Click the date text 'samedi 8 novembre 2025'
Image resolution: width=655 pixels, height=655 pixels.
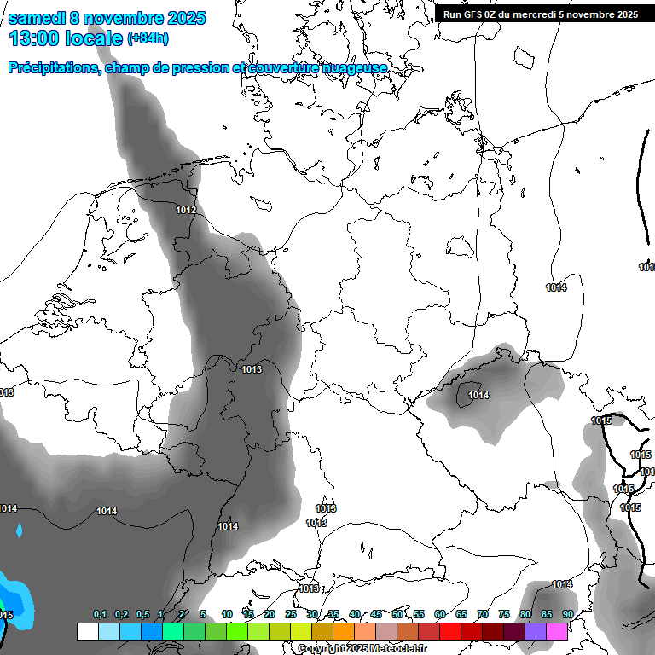(x=107, y=18)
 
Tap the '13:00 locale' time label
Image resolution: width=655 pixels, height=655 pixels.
(x=66, y=38)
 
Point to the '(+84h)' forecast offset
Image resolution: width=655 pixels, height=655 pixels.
(x=148, y=38)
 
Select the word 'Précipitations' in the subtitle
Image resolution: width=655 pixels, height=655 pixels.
(x=52, y=68)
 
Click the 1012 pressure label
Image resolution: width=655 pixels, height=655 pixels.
(x=186, y=211)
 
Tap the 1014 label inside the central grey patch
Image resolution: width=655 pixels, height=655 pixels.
(x=478, y=395)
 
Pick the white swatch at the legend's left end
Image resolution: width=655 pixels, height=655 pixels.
(x=87, y=632)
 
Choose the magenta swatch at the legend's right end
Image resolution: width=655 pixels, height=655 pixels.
(x=558, y=632)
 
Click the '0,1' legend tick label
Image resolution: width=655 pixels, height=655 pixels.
(x=100, y=615)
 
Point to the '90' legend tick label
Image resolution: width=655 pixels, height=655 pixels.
(x=567, y=615)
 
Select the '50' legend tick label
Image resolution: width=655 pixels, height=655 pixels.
(x=397, y=615)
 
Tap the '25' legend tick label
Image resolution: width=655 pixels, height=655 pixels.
(x=291, y=615)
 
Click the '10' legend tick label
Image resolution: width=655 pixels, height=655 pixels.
(x=227, y=615)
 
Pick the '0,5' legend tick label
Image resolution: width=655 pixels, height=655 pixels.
(x=142, y=615)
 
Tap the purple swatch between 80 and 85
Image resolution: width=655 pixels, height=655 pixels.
(x=536, y=632)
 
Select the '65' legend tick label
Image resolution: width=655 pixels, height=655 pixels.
(x=461, y=615)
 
